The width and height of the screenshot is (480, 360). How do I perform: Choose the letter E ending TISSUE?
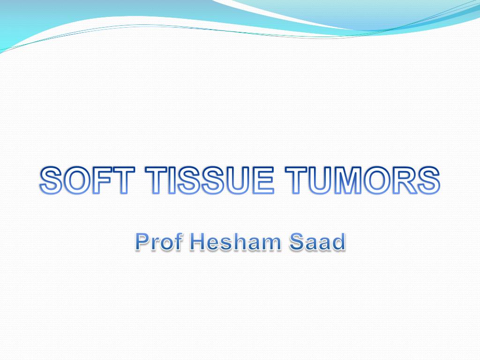click(x=262, y=181)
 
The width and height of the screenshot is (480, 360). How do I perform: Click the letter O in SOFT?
click(x=75, y=181)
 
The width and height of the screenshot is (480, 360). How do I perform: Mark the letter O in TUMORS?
click(x=380, y=181)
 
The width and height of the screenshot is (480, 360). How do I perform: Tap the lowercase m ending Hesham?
click(x=269, y=243)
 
